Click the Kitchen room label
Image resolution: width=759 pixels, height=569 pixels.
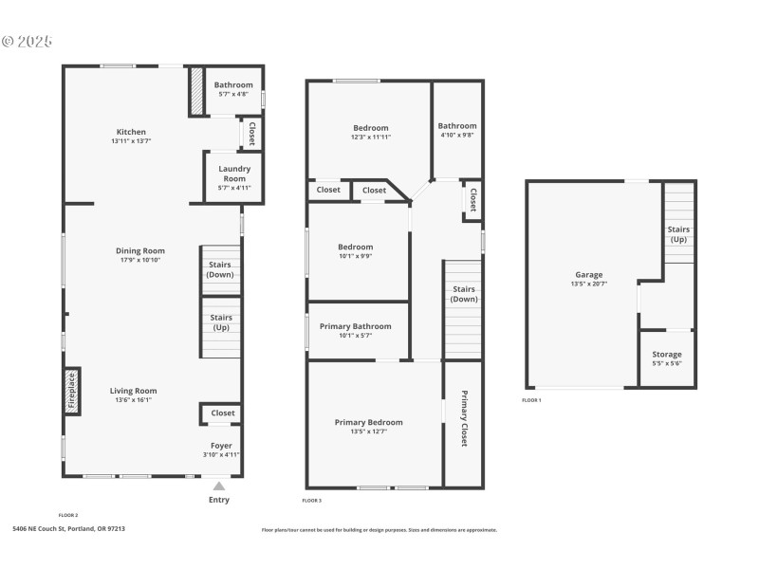pyautogui.click(x=131, y=132)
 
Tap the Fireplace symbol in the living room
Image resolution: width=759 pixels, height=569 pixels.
pyautogui.click(x=71, y=392)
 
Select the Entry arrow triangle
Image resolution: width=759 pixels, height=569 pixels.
pyautogui.click(x=219, y=486)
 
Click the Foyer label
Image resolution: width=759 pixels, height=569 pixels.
pyautogui.click(x=220, y=445)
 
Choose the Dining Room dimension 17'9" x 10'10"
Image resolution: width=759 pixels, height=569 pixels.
pyautogui.click(x=140, y=260)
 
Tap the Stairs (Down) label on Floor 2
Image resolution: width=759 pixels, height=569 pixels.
pyautogui.click(x=220, y=270)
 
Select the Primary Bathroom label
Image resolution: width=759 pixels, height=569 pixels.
pyautogui.click(x=355, y=326)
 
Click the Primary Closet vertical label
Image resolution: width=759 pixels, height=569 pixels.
pyautogui.click(x=464, y=418)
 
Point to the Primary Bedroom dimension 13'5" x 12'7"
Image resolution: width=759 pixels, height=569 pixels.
pyautogui.click(x=368, y=431)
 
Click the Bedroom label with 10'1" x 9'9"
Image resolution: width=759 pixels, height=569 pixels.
pyautogui.click(x=356, y=247)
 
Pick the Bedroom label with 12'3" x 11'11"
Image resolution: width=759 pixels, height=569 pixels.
pyautogui.click(x=371, y=128)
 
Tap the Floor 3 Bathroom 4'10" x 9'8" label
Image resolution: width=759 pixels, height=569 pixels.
pyautogui.click(x=457, y=126)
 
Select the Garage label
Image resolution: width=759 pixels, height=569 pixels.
pyautogui.click(x=588, y=274)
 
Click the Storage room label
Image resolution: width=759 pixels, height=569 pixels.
pyautogui.click(x=666, y=355)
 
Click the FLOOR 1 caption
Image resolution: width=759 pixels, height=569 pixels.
pyautogui.click(x=558, y=400)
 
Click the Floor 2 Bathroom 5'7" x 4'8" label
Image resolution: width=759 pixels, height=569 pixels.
pyautogui.click(x=233, y=85)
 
